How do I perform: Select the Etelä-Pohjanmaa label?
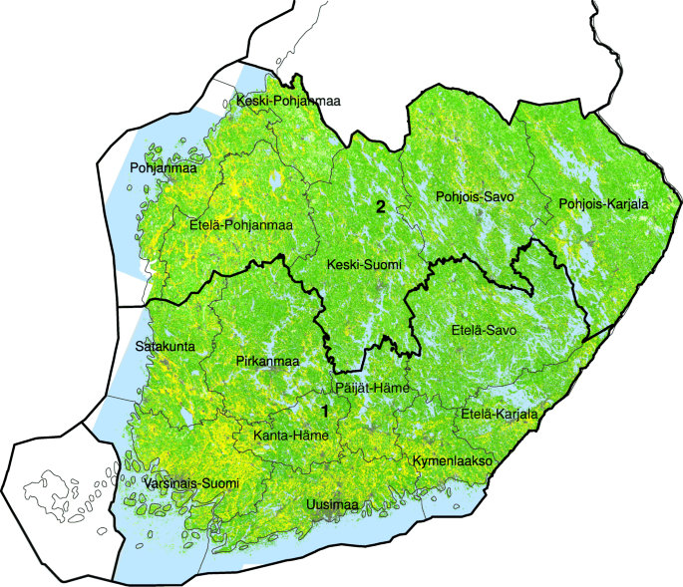pos(239,224)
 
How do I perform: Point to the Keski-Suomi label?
pos(364,264)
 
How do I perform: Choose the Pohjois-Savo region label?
pos(475,197)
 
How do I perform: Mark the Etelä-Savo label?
pos(485,329)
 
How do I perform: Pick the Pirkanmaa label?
pos(268,360)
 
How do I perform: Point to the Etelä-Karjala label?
pos(499,414)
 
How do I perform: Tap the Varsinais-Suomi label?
pos(191,483)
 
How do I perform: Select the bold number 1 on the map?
pos(323,410)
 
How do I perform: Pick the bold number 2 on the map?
pos(379,207)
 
